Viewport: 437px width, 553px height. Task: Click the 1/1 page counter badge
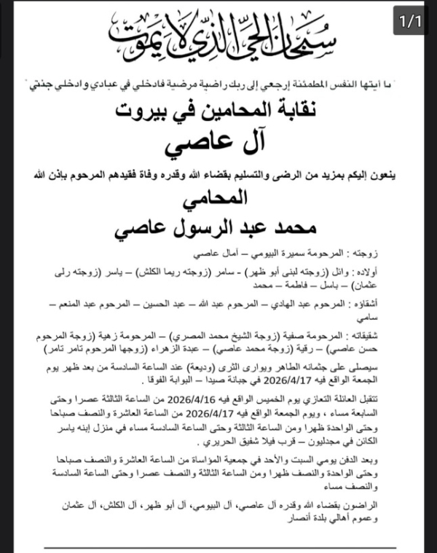pyautogui.click(x=411, y=22)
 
